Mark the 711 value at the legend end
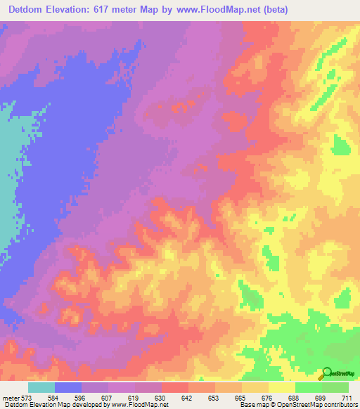[x=347, y=398]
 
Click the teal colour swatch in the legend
[x=41, y=387]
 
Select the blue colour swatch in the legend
[x=68, y=387]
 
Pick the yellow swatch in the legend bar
[x=282, y=387]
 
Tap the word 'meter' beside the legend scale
[x=12, y=398]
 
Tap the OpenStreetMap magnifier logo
[x=327, y=373]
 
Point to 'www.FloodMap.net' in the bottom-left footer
[x=139, y=405]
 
